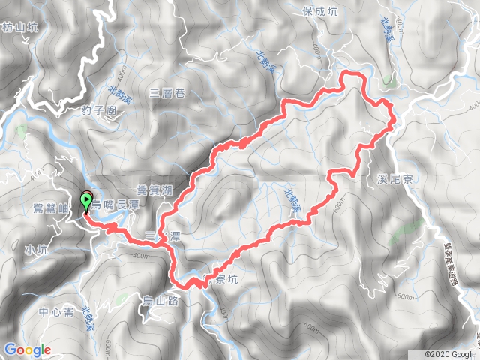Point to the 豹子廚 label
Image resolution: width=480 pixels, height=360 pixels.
click(x=99, y=110)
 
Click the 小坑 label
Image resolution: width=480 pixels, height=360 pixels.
click(x=35, y=250)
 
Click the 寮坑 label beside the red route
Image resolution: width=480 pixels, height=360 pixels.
click(x=226, y=279)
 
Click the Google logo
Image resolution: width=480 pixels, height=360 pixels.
click(x=27, y=349)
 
